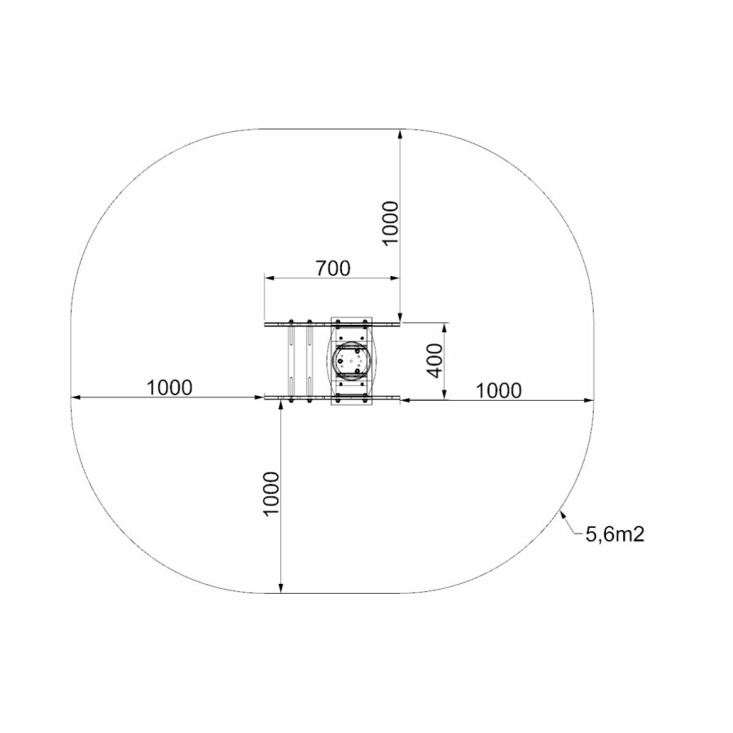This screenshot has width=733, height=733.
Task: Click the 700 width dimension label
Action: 333,268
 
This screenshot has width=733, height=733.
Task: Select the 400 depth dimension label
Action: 435,361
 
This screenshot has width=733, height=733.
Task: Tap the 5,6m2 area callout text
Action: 615,533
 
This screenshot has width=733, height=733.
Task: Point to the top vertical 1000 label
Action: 390,222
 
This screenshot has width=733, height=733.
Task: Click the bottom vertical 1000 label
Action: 271,494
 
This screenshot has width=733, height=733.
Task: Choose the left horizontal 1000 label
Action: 169,388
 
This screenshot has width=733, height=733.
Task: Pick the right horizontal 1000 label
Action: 498,390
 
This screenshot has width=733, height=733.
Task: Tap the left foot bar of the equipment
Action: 292,361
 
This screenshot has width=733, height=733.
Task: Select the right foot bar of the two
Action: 309,361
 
